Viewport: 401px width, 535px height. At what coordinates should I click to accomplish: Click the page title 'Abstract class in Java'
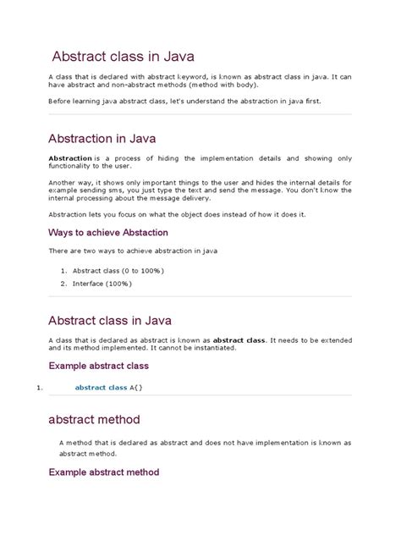[x=124, y=57]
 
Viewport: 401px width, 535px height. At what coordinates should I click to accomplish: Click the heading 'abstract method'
[x=106, y=419]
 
